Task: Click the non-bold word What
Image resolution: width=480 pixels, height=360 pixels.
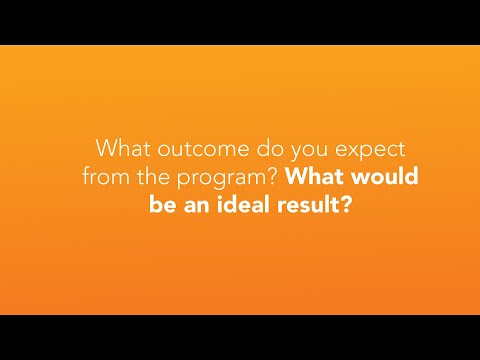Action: pyautogui.click(x=121, y=147)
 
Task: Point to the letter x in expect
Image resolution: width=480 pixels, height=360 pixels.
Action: pyautogui.click(x=337, y=149)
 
